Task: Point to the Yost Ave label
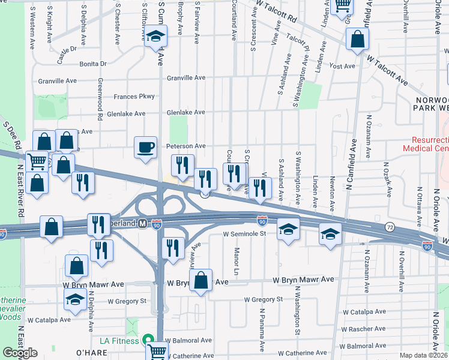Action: (343, 67)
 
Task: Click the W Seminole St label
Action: (244, 234)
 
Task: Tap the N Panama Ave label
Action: (262, 330)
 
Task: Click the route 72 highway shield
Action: (390, 228)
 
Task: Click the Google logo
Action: (20, 353)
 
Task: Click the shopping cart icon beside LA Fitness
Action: (157, 352)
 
